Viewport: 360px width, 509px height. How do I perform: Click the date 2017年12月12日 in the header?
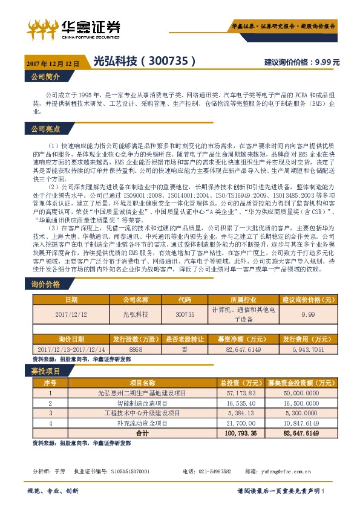click(53, 62)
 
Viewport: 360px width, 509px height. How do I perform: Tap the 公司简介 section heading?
click(45, 77)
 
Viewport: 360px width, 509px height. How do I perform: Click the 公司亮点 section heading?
click(45, 129)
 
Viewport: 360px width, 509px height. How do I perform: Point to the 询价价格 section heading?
click(45, 284)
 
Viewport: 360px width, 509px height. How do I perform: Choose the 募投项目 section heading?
click(45, 370)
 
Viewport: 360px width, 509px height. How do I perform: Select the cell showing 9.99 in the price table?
click(308, 315)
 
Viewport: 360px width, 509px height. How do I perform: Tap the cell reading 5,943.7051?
click(308, 349)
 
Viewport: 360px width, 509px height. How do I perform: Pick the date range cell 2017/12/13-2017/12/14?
click(71, 349)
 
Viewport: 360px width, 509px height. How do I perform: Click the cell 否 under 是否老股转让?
click(184, 349)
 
